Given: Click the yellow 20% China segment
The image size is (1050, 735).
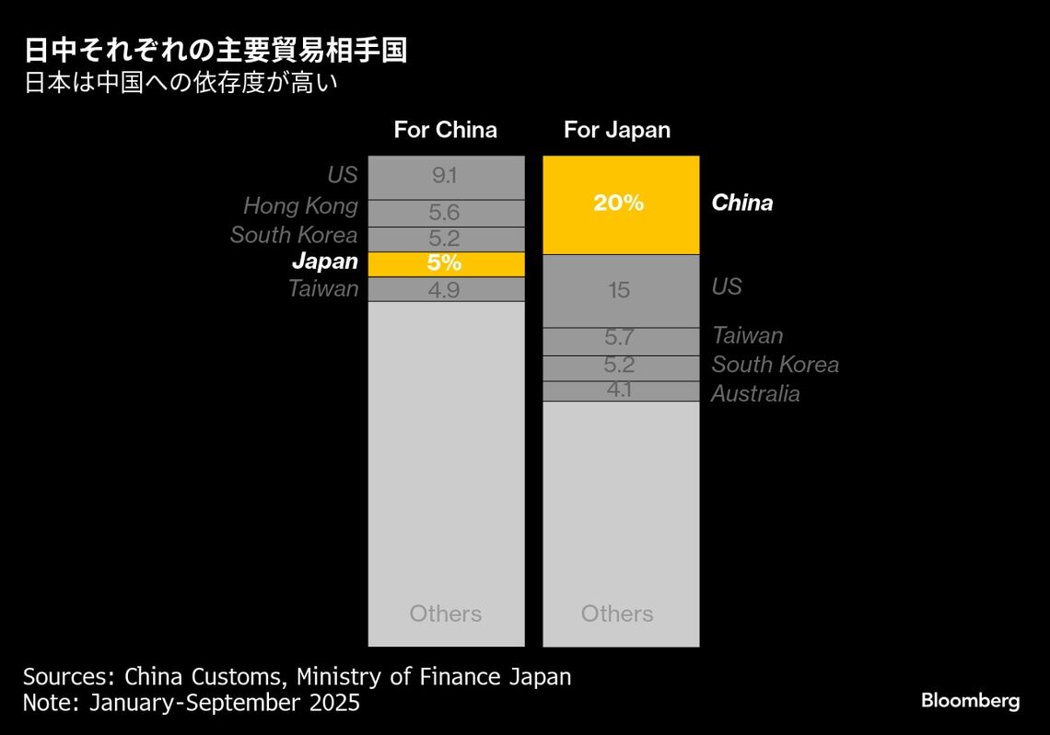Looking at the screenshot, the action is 621,204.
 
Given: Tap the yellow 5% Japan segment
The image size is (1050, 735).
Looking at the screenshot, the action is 446,263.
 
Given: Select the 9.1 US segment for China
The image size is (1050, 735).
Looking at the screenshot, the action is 446,177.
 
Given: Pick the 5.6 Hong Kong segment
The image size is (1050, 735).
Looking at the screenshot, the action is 446,213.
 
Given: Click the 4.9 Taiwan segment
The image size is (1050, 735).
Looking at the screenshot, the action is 446,289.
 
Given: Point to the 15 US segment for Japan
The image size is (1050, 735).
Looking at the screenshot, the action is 621,291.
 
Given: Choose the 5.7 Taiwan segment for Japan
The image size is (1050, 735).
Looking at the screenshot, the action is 621,341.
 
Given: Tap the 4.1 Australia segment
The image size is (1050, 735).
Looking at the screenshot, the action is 621,391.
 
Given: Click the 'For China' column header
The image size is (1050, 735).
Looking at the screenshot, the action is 446,130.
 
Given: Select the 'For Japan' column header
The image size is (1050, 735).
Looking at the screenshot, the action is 617,130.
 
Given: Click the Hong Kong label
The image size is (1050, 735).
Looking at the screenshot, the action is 300,205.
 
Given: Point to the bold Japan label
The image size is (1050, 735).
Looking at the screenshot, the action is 325,261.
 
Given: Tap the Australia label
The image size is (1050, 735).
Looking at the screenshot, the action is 755,394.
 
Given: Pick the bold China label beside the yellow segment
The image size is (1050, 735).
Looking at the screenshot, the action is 742,203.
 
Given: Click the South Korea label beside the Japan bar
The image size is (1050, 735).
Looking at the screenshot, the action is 775,365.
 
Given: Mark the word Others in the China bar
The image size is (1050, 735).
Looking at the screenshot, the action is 446,613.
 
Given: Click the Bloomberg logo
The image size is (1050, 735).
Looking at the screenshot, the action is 970,701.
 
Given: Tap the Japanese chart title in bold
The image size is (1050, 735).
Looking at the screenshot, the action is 215,51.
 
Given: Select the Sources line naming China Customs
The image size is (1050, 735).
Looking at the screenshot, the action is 297,677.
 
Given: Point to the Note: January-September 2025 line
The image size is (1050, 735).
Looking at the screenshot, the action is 192,703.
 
